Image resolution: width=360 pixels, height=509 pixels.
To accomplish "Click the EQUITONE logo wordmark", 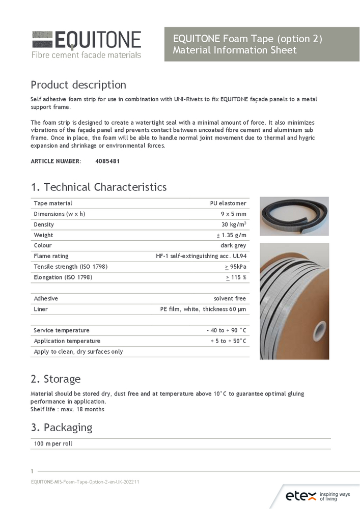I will (x=97, y=40).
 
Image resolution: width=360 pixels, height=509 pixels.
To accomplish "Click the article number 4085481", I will (x=107, y=161).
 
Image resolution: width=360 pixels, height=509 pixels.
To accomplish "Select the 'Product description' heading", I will (x=78, y=84).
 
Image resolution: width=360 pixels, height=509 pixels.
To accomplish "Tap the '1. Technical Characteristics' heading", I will (x=98, y=187).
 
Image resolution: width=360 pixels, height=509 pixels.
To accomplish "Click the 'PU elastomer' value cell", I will (x=228, y=203).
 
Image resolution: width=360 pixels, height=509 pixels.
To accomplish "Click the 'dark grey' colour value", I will (x=233, y=245).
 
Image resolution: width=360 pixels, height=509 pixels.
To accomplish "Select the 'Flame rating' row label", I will (x=51, y=256).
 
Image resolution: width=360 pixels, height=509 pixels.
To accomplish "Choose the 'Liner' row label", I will (x=41, y=309).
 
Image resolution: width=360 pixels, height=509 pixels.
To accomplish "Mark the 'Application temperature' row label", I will (x=67, y=341).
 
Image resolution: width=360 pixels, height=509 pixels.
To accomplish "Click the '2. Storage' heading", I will (x=56, y=379).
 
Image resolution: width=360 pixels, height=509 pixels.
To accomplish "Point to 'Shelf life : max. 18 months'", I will (x=67, y=409).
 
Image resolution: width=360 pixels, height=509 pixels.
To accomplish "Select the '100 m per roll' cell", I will (x=53, y=444).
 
